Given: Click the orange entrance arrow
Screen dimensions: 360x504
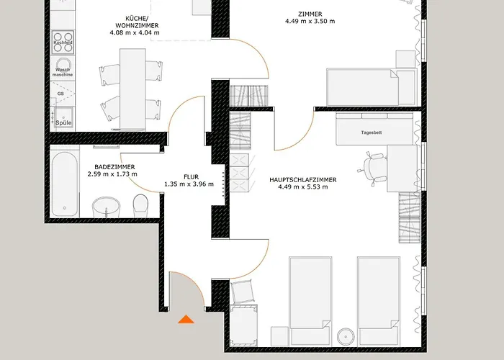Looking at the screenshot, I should click(x=186, y=319).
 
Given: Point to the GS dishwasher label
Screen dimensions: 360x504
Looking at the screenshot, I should click(x=61, y=94).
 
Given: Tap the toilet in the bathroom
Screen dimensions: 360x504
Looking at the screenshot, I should click(x=141, y=204).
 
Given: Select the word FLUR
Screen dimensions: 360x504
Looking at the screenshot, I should click(x=190, y=175).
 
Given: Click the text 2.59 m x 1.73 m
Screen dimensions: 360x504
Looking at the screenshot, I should click(x=112, y=174).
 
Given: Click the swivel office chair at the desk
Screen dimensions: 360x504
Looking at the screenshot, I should click(x=373, y=168).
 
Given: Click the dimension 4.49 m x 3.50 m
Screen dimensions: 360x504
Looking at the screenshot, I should click(x=310, y=22).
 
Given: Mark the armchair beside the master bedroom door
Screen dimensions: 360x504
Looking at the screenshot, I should click(x=243, y=292).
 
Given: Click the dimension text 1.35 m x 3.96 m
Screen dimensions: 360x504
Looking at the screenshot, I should click(x=190, y=184).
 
